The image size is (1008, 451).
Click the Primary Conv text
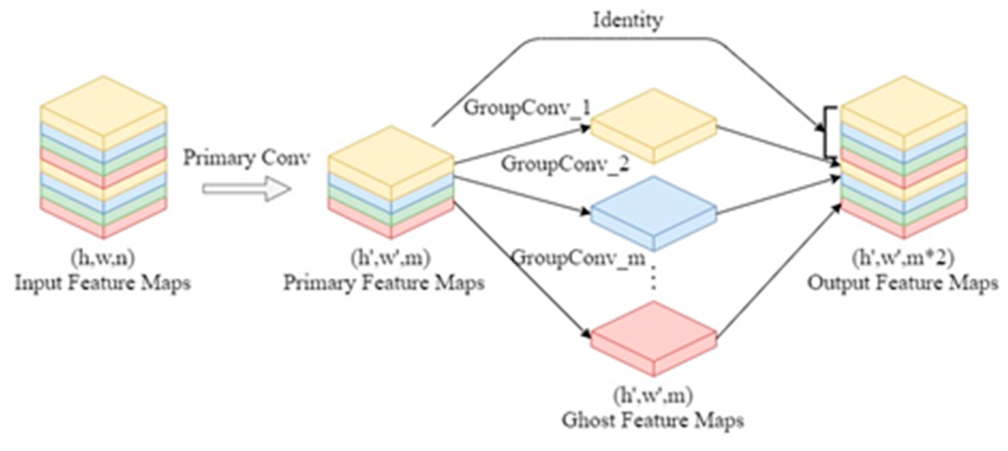[246, 158]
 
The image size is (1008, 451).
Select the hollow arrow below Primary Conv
[246, 189]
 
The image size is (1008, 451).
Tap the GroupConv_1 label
[527, 108]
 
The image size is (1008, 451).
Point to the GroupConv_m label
[578, 258]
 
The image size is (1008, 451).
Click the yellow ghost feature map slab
[653, 125]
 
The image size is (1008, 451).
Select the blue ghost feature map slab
[653, 214]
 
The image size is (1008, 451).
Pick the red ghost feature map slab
[653, 339]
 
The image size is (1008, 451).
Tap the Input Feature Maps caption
[103, 283]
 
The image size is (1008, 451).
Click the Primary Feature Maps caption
[384, 283]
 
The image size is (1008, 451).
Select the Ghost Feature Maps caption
[653, 421]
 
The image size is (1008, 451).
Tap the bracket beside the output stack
[827, 133]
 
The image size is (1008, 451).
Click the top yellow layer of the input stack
[103, 106]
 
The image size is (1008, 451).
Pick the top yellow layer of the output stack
[903, 106]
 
